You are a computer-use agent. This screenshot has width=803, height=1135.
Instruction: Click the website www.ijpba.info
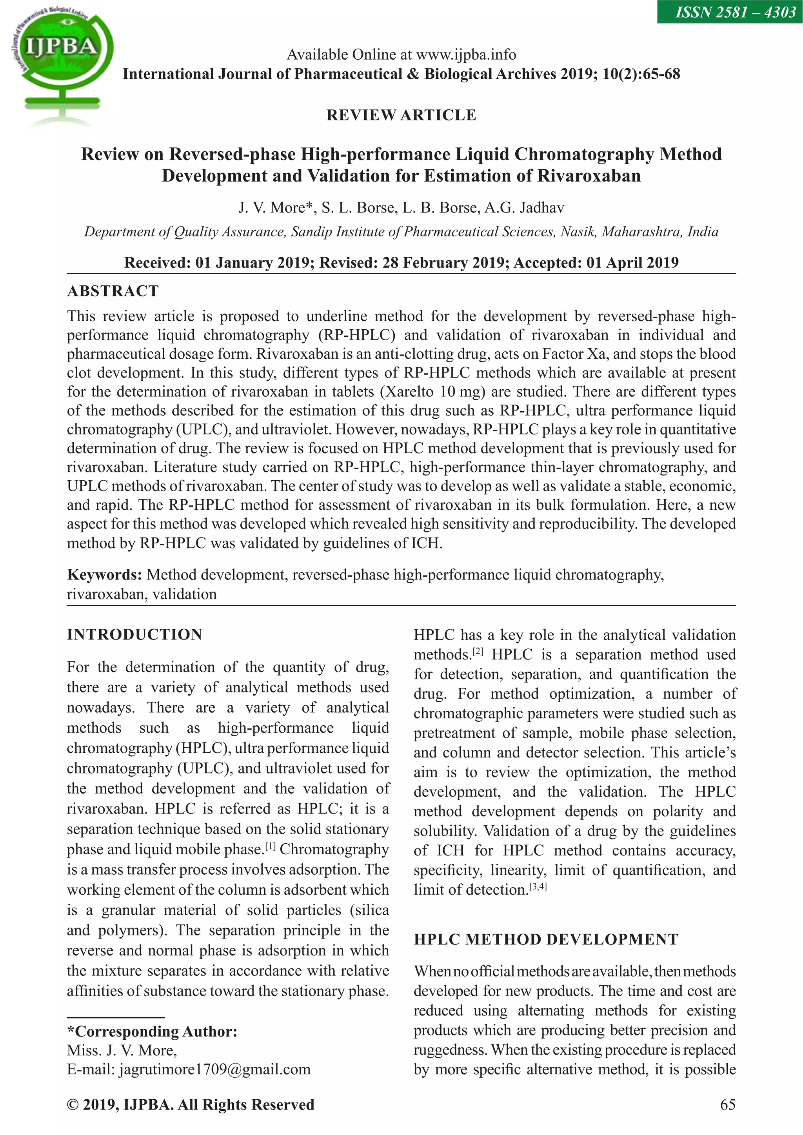(x=466, y=54)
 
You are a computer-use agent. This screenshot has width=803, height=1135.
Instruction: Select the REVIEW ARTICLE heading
(x=401, y=115)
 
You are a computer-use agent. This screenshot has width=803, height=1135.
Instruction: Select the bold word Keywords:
(x=104, y=575)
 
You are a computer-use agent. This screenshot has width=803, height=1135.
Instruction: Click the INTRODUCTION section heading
(x=134, y=635)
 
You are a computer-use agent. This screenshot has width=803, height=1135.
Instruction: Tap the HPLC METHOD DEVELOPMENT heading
(x=546, y=939)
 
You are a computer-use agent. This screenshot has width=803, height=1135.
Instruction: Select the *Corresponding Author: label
(x=152, y=1031)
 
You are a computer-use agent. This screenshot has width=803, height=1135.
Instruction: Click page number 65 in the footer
(x=727, y=1105)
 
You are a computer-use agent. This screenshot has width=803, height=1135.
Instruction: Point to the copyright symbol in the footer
(x=73, y=1105)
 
